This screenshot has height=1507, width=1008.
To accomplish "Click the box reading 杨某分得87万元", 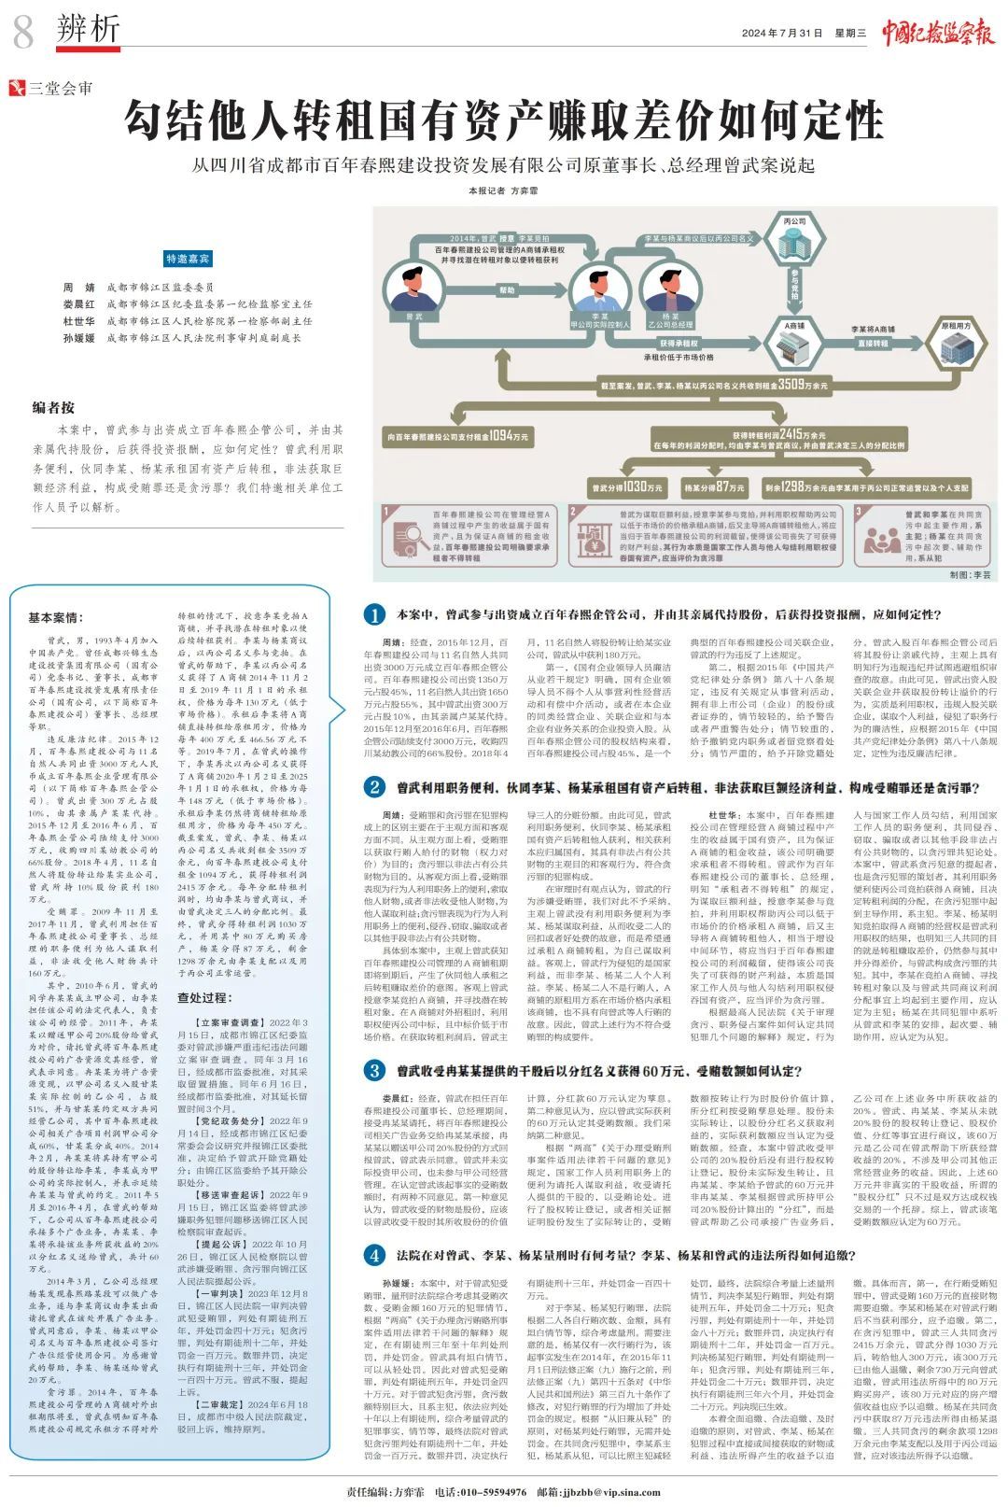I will click(714, 487).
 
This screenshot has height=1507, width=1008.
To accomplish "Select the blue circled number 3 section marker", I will click(374, 1071).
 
